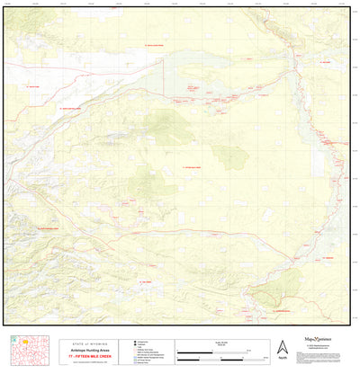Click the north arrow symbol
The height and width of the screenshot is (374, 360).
point(282,345)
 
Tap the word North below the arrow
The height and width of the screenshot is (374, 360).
point(282,358)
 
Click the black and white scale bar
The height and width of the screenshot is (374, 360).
point(216,351)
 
